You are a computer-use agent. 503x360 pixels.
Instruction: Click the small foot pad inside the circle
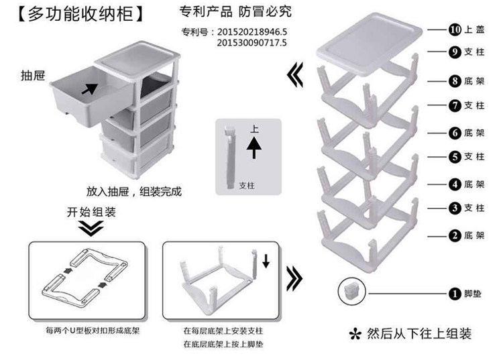pos(351,290)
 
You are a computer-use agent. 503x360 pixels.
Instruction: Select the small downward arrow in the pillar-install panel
pos(266,261)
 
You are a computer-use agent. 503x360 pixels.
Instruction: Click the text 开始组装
pos(91,212)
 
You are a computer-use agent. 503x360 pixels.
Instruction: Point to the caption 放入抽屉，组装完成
pos(134,191)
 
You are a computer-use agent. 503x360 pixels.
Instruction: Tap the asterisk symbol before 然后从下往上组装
pos(356,334)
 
